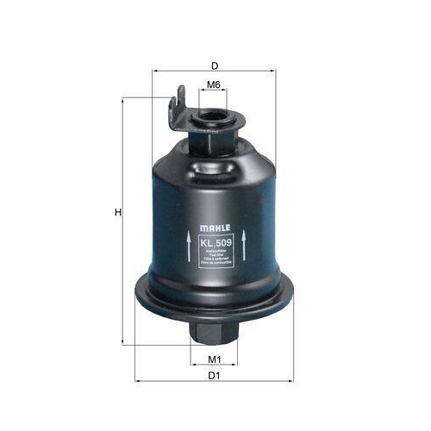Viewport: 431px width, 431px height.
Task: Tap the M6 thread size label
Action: [x=214, y=84]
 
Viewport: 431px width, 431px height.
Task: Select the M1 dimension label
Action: [x=214, y=359]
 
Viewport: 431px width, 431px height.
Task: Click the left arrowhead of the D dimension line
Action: [x=156, y=72]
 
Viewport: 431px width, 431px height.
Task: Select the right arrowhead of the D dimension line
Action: [x=272, y=72]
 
